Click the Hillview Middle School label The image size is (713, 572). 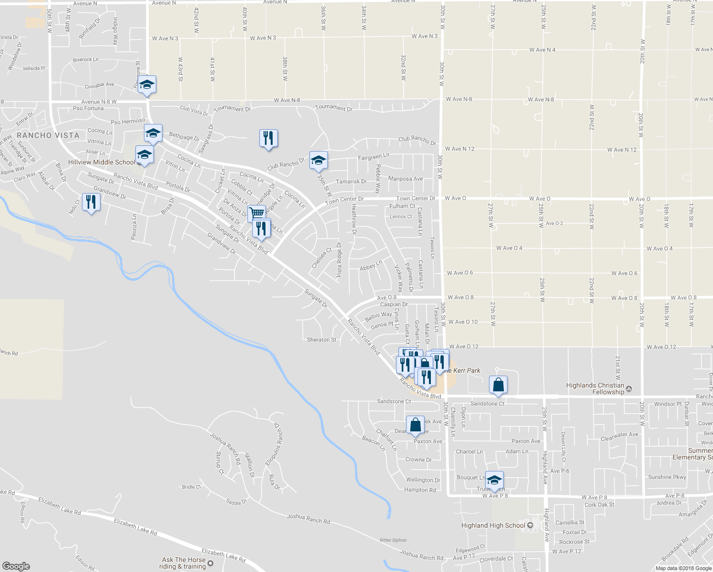click(102, 163)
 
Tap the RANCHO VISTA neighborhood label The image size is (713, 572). click(48, 135)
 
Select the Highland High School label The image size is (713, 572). click(493, 525)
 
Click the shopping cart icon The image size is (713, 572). click(256, 213)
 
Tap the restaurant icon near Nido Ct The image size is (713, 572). click(91, 202)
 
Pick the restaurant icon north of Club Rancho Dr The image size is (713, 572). click(268, 138)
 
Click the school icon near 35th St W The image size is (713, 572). click(318, 160)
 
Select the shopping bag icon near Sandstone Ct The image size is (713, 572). click(498, 385)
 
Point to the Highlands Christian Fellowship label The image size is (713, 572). click(595, 388)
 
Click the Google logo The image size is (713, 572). click(16, 566)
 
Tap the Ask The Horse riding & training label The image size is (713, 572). click(183, 563)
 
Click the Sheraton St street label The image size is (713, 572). click(321, 340)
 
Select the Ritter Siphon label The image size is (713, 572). click(393, 540)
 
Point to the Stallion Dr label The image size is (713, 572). click(249, 465)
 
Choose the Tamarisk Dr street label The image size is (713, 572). click(351, 182)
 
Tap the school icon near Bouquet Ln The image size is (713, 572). click(494, 480)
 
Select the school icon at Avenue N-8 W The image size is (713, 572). click(147, 84)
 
